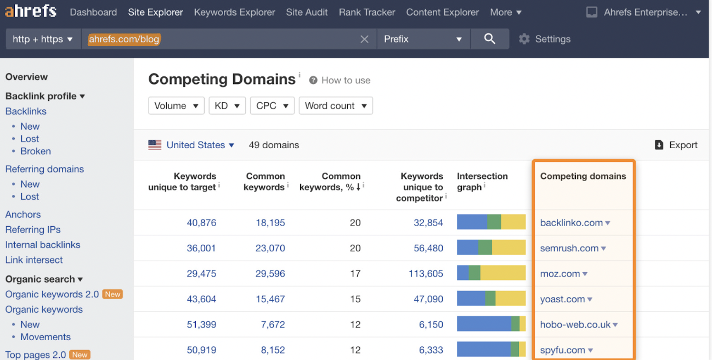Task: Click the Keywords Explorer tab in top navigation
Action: pyautogui.click(x=234, y=12)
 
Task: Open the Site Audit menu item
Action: pyautogui.click(x=307, y=12)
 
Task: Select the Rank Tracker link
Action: pyautogui.click(x=367, y=12)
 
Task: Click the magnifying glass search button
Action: pyautogui.click(x=490, y=39)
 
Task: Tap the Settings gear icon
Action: pyautogui.click(x=524, y=39)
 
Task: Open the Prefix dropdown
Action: pyautogui.click(x=422, y=39)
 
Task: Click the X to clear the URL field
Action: pyautogui.click(x=364, y=39)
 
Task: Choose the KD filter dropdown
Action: pyautogui.click(x=227, y=106)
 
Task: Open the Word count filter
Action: pyautogui.click(x=336, y=106)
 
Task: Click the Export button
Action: pyautogui.click(x=676, y=145)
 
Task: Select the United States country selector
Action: pyautogui.click(x=192, y=145)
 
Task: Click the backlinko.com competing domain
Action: pyautogui.click(x=572, y=223)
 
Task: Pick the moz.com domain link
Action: pyautogui.click(x=560, y=274)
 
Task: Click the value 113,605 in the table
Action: pyautogui.click(x=426, y=274)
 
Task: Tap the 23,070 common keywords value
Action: pyautogui.click(x=270, y=248)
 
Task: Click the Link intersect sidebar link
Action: pyautogui.click(x=34, y=260)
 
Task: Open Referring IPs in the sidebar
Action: pyautogui.click(x=33, y=230)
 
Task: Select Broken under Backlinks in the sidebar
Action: pyautogui.click(x=36, y=151)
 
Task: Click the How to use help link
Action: pyautogui.click(x=346, y=80)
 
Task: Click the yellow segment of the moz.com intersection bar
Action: pyautogui.click(x=502, y=273)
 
